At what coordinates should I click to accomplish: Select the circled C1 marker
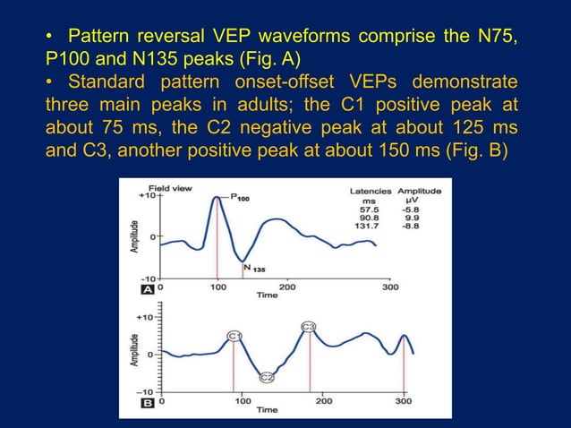pyautogui.click(x=234, y=335)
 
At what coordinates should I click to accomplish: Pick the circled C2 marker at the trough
pyautogui.click(x=266, y=378)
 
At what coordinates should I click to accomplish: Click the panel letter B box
pyautogui.click(x=149, y=402)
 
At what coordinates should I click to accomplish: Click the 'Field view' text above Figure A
pyautogui.click(x=169, y=189)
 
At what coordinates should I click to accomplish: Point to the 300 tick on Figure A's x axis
pyautogui.click(x=390, y=287)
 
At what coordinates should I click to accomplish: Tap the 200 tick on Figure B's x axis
pyautogui.click(x=323, y=402)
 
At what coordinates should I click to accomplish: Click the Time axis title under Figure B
pyautogui.click(x=268, y=410)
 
